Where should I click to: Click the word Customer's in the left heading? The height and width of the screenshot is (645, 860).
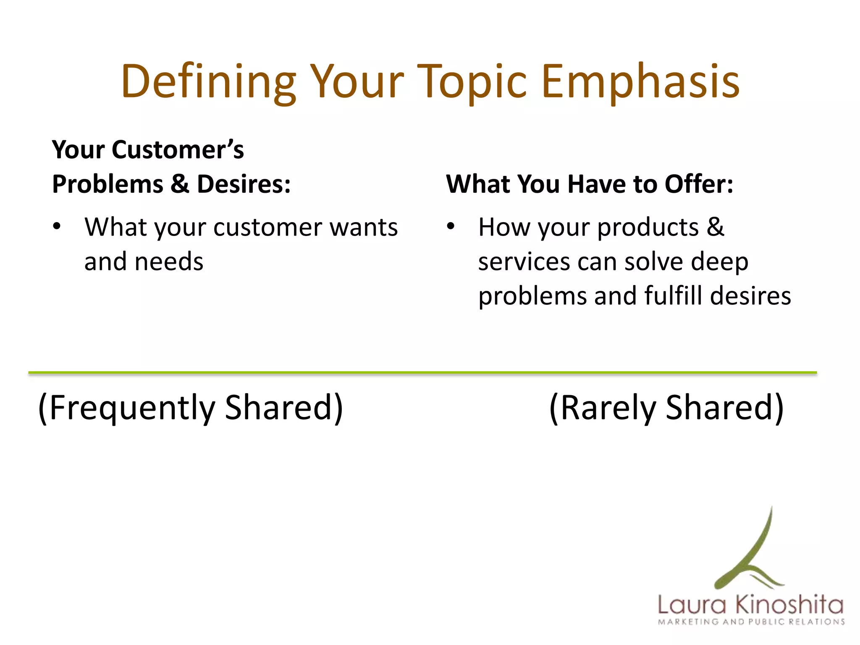tap(178, 150)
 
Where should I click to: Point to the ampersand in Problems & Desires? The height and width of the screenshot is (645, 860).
tap(180, 184)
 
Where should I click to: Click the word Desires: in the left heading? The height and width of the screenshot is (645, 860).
tap(244, 184)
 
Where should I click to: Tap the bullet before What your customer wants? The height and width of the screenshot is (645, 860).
tap(57, 227)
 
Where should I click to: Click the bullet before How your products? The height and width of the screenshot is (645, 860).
tap(451, 227)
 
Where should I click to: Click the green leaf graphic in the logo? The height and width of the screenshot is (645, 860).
tap(752, 554)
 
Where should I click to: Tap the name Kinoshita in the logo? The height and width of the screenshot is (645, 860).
tap(789, 605)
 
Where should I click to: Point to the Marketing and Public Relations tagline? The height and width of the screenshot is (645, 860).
tap(751, 622)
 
